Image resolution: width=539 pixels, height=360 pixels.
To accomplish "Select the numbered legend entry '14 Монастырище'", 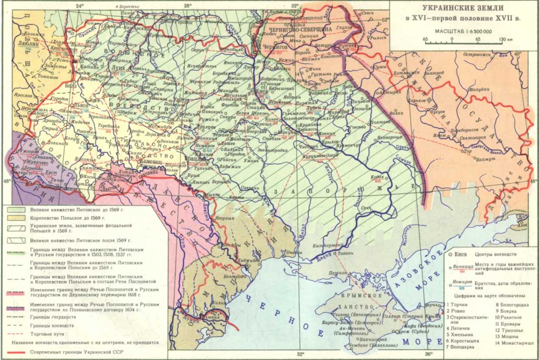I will (x=515, y=343).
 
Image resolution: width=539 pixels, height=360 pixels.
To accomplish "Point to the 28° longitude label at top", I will (x=187, y=6).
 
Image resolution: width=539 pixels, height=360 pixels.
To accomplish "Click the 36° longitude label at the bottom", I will (x=429, y=354).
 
